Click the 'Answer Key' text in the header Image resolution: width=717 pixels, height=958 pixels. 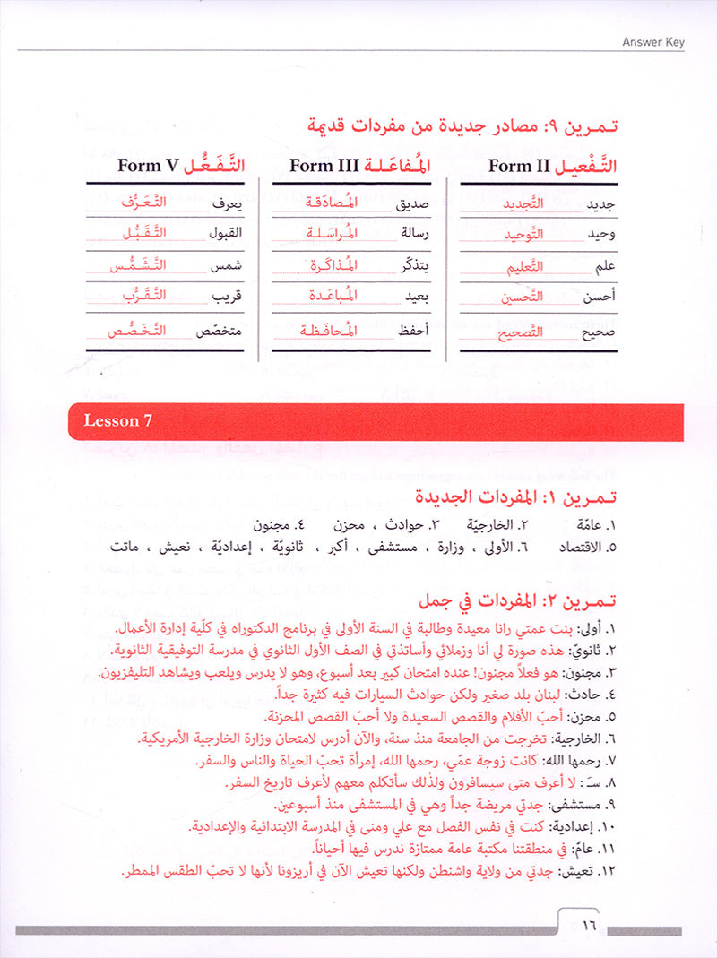click(x=652, y=40)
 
